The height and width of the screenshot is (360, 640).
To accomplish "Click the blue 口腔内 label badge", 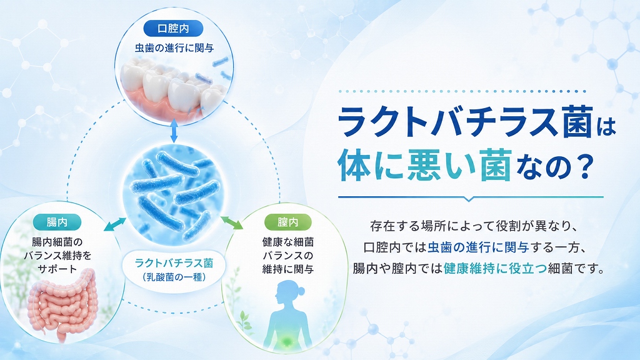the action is click(x=174, y=29).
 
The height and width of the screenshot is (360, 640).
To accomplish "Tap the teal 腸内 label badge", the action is click(x=57, y=222).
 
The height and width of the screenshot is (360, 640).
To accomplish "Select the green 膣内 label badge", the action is click(x=287, y=222).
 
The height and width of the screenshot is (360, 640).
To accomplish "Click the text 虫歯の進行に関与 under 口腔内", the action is click(x=174, y=48).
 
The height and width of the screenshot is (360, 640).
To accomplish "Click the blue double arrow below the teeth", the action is click(x=174, y=131).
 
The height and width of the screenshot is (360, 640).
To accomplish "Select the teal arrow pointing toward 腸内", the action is click(x=115, y=224).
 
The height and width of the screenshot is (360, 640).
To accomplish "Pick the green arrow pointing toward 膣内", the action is click(x=232, y=222).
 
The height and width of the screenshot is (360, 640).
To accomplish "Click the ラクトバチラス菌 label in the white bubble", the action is click(x=174, y=263).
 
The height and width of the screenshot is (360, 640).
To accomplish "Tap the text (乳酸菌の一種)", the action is click(x=174, y=277).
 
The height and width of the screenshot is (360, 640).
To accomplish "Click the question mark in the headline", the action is click(x=585, y=165).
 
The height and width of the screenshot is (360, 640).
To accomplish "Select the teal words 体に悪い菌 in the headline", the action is click(x=425, y=165).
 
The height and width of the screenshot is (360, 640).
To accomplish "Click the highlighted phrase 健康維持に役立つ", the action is click(x=495, y=269).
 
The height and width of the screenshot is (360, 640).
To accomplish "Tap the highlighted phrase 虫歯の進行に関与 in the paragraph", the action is click(x=478, y=247).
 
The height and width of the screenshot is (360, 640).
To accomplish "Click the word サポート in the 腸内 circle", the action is click(x=57, y=269).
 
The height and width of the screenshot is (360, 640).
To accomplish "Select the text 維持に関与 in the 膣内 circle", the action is click(x=287, y=269).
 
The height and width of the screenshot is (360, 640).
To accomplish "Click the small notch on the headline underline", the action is click(x=469, y=199).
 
